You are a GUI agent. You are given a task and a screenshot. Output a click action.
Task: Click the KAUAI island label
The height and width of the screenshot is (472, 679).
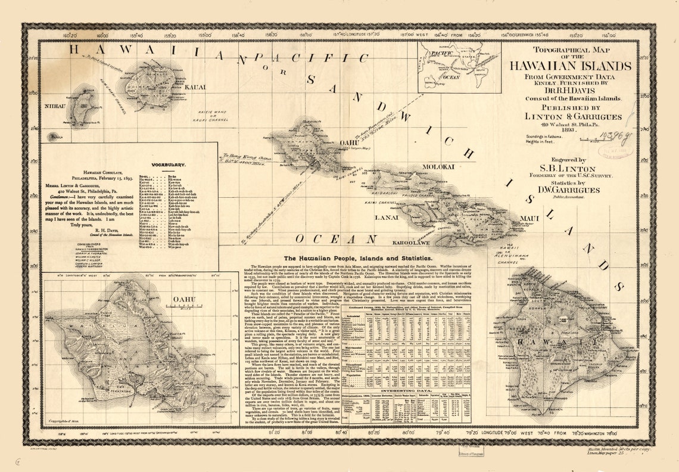(195, 88)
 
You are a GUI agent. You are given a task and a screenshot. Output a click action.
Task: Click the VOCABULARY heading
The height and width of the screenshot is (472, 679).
(168, 164)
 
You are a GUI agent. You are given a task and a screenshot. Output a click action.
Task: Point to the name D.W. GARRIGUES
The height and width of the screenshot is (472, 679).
(564, 190)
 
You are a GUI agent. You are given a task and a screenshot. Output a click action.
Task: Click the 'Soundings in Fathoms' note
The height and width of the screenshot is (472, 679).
(543, 136)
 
